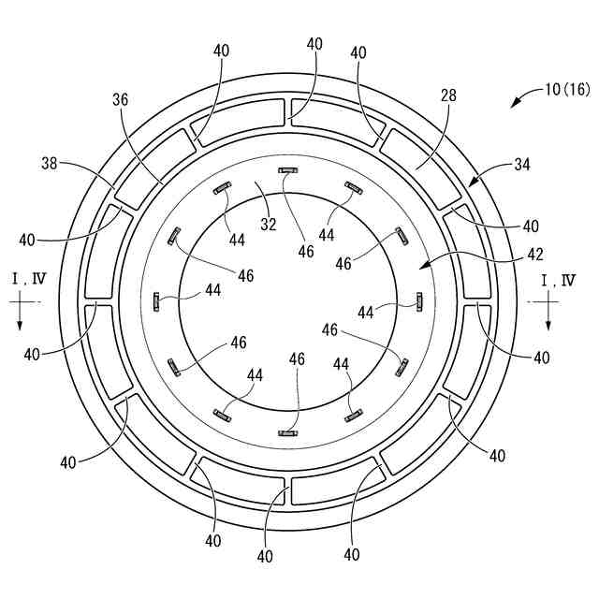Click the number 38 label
coord(51,163)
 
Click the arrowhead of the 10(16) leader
coord(514,105)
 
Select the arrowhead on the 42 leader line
coord(421,270)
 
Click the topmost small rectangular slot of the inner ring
coord(288,170)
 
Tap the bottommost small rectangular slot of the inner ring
coord(288,432)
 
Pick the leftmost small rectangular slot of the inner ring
coord(156,301)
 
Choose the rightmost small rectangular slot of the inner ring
coord(419,300)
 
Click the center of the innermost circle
coord(288,301)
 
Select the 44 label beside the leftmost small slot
coord(213,291)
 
